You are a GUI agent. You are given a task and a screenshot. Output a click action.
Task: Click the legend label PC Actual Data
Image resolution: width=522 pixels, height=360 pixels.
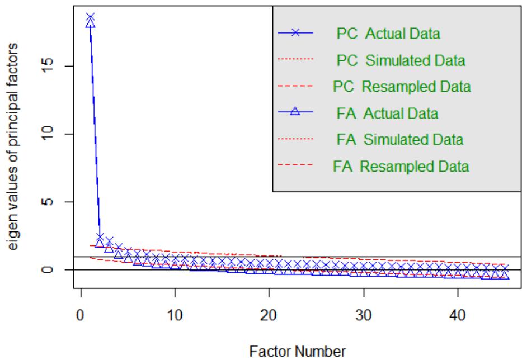tap(388, 34)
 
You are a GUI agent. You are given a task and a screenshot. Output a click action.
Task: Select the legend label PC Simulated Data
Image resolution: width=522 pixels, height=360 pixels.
tap(401, 59)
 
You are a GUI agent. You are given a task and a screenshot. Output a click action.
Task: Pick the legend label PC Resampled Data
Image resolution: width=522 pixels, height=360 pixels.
tap(401, 87)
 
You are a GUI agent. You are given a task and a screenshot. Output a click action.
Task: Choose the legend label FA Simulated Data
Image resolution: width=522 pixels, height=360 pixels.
tap(401, 139)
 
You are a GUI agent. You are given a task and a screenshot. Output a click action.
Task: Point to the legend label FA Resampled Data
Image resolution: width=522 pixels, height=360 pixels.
tap(401, 166)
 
